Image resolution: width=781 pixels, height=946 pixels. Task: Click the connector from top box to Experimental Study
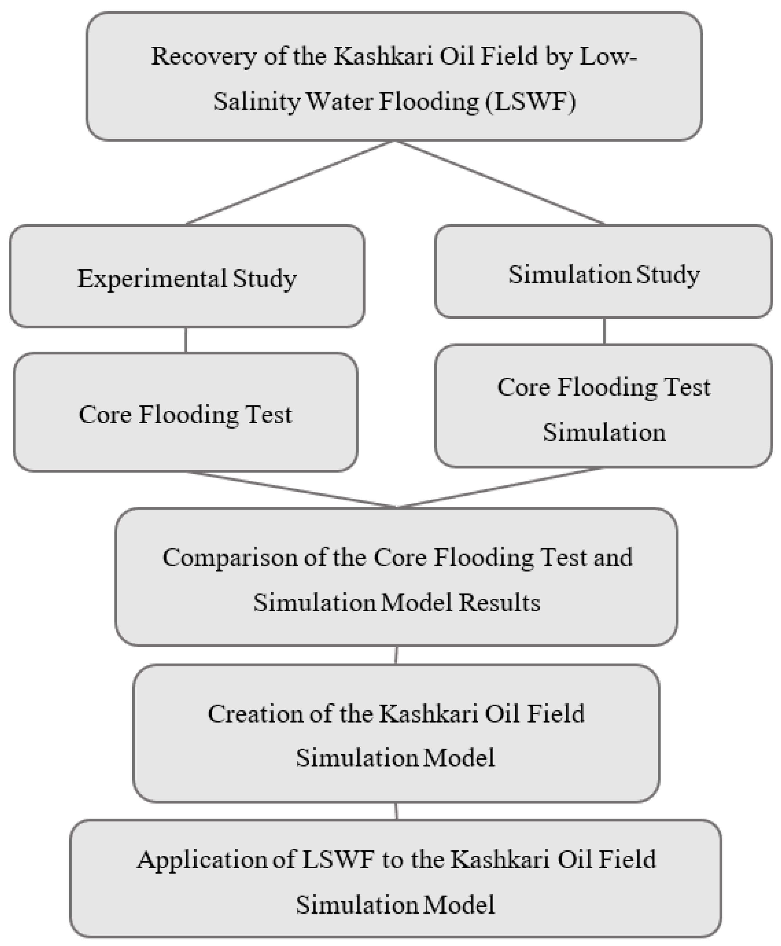[289, 183]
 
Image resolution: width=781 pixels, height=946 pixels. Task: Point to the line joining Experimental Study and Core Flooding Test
[186, 340]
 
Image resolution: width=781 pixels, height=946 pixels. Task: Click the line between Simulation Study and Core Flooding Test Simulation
[604, 331]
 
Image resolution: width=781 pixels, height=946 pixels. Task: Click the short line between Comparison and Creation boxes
[396, 655]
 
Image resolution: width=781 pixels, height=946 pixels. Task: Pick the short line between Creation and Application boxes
[396, 811]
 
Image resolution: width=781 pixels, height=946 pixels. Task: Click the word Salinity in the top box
[256, 102]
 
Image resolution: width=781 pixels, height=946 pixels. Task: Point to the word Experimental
[152, 279]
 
